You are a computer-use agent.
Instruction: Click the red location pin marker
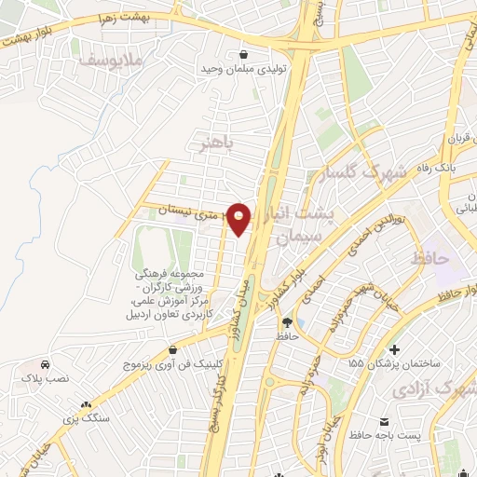click(240, 218)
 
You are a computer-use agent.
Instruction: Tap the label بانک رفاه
click(441, 169)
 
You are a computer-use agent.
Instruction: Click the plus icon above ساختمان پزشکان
click(396, 350)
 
